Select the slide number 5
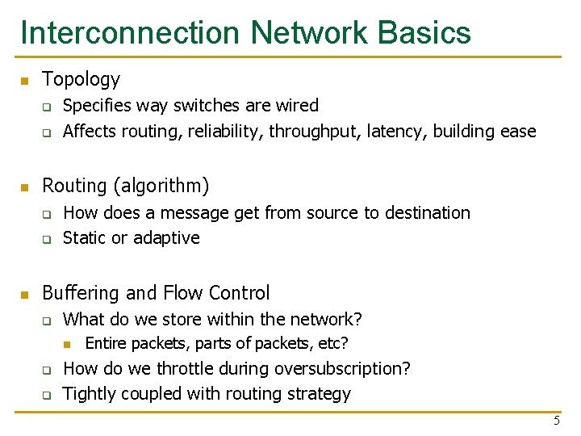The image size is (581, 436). tap(556, 421)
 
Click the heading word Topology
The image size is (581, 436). tap(81, 79)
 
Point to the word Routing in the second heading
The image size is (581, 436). tap(74, 186)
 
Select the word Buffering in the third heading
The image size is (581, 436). tap(80, 292)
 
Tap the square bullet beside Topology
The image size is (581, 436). tap(24, 81)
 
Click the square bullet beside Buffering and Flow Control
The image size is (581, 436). tap(24, 294)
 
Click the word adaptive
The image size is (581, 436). tap(166, 238)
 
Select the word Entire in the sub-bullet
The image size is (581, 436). tap(105, 343)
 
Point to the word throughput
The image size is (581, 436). tap(313, 132)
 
